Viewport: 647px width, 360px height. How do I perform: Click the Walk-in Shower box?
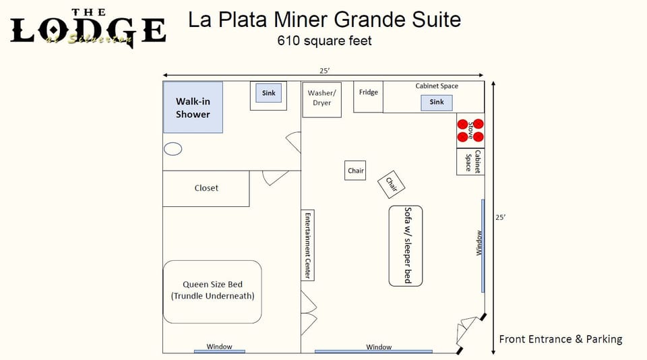[x=193, y=108]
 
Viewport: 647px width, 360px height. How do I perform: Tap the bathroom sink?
[x=269, y=93]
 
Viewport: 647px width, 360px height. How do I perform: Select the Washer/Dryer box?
[x=321, y=98]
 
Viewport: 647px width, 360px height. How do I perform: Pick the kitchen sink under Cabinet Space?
[x=437, y=102]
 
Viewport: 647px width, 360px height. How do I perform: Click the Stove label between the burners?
[x=470, y=131]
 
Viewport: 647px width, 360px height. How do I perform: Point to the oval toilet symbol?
[x=173, y=149]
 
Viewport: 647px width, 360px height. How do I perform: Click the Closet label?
[x=206, y=188]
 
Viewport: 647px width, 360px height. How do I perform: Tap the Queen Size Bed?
[x=212, y=291]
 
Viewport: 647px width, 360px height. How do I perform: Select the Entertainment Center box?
[x=307, y=245]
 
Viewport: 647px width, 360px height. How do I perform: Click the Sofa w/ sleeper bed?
[x=406, y=245]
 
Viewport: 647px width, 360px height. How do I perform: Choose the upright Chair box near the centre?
[x=356, y=171]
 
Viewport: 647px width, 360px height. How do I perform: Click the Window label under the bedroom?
[x=219, y=347]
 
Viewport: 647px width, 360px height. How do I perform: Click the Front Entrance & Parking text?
[x=560, y=339]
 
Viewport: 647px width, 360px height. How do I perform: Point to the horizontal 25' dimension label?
[x=326, y=70]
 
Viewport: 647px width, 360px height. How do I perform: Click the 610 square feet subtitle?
[x=325, y=40]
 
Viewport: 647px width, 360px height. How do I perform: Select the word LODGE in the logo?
[x=88, y=30]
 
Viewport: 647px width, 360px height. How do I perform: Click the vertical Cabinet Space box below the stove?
[x=470, y=161]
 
